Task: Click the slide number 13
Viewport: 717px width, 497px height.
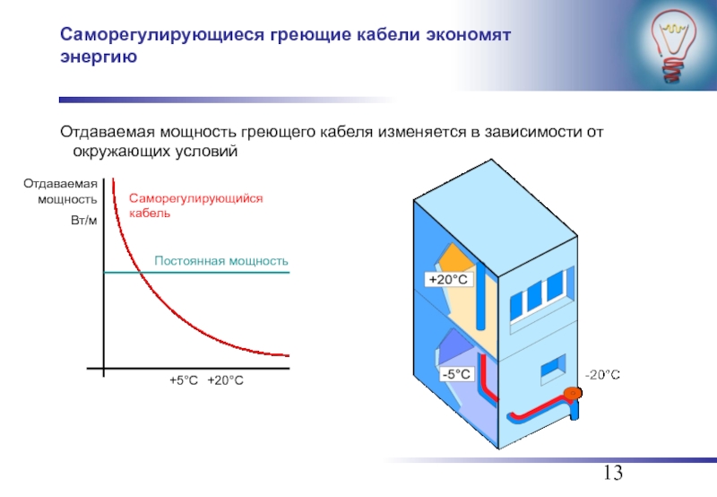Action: (x=612, y=475)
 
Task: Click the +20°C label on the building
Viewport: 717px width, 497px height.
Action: (x=448, y=280)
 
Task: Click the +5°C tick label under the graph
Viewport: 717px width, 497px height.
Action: (x=184, y=381)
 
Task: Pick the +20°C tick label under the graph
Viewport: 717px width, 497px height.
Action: (x=225, y=381)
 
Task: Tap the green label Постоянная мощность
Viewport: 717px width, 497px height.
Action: (x=221, y=260)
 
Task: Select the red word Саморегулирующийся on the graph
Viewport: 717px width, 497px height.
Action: (x=196, y=199)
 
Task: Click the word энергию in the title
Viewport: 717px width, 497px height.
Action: (x=98, y=58)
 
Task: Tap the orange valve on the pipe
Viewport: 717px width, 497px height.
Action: (x=571, y=393)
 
